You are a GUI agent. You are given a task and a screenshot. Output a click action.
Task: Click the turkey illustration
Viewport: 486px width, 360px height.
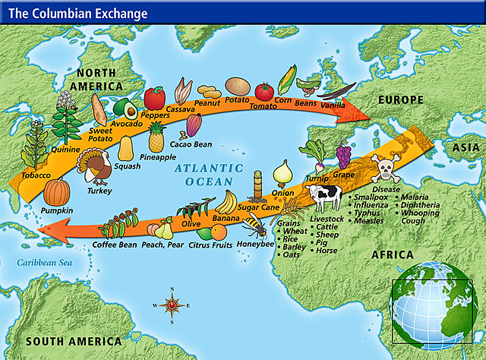(x=96, y=167)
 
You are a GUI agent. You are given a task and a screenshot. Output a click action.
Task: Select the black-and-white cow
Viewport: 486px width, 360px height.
(x=324, y=200)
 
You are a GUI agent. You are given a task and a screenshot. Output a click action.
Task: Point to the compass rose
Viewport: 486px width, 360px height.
(x=172, y=305)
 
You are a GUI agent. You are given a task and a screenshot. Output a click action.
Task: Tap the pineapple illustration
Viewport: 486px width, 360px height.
(x=156, y=137)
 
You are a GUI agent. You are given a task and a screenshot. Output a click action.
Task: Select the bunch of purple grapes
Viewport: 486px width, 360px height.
(x=344, y=155)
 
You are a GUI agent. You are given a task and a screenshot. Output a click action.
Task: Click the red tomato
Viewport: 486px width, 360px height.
(x=264, y=92)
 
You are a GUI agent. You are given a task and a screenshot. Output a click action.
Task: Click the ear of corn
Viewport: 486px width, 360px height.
(x=288, y=78)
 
